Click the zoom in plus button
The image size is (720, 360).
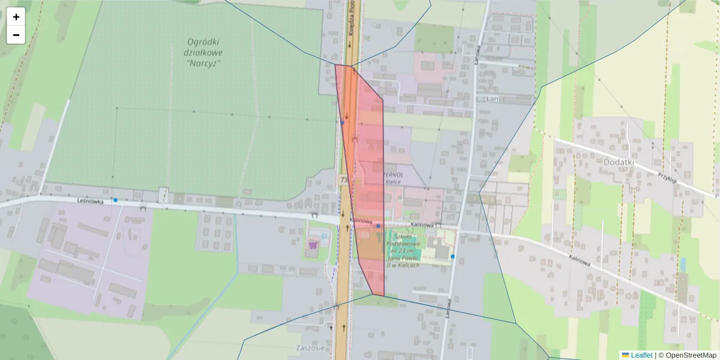point(16,17)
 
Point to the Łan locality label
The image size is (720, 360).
point(493,97)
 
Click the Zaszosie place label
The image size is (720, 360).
point(310,348)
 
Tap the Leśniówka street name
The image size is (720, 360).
point(91,202)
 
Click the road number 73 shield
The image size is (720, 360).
point(343,179)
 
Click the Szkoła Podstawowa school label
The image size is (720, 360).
point(403,250)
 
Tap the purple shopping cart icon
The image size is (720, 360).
point(313,244)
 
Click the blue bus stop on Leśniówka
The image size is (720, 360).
point(115,200)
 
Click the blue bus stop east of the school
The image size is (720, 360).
point(452,256)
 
